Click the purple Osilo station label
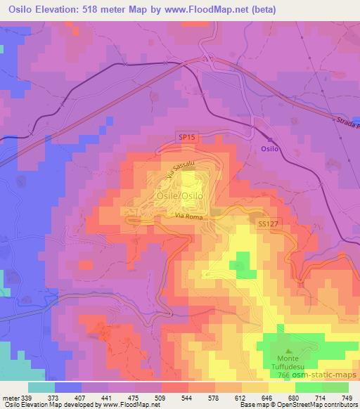tap(270, 149)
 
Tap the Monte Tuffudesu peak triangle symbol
tap(288, 351)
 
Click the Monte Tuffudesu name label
tap(288, 363)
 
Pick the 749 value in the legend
tap(346, 397)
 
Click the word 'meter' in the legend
tap(11, 397)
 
